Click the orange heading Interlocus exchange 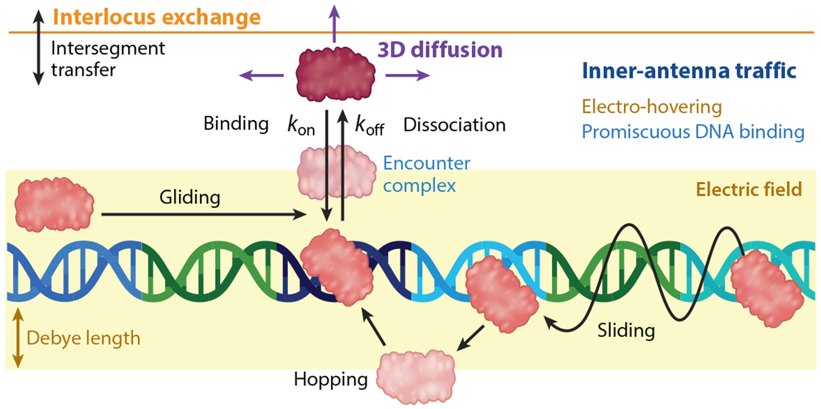157,17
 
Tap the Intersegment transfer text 108,59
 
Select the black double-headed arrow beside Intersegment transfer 38,48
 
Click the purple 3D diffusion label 440,50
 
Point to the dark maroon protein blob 335,74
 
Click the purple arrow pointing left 261,75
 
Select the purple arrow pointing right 408,75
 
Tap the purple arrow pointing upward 334,24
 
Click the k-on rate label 301,126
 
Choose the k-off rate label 369,126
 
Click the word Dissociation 454,125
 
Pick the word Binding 236,124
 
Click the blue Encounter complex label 426,174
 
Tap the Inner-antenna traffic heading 689,71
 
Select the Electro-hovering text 651,107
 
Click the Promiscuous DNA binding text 693,132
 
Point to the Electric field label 749,190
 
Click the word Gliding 190,198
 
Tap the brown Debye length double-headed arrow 18,338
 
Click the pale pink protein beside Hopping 416,377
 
